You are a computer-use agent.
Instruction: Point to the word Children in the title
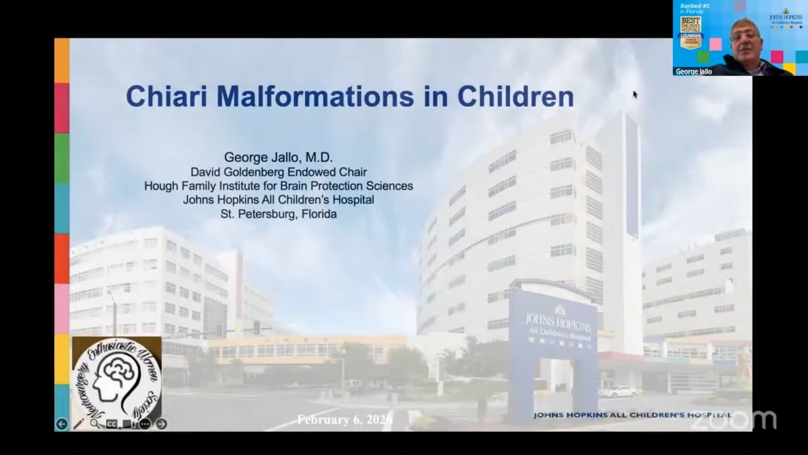515,97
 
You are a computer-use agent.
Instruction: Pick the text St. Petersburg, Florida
278,214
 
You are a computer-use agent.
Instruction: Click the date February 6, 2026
345,420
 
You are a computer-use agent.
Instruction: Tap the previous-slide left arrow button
61,424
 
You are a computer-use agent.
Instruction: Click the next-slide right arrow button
162,424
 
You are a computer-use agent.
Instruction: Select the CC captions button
112,424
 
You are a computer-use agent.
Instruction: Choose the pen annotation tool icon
78,424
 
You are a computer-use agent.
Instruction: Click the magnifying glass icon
95,424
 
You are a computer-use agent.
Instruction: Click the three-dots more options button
145,424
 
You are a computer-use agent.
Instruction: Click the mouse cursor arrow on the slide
635,95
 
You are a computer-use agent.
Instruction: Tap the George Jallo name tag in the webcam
694,71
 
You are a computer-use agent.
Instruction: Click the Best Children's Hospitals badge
691,32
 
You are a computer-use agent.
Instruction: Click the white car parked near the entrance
617,392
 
